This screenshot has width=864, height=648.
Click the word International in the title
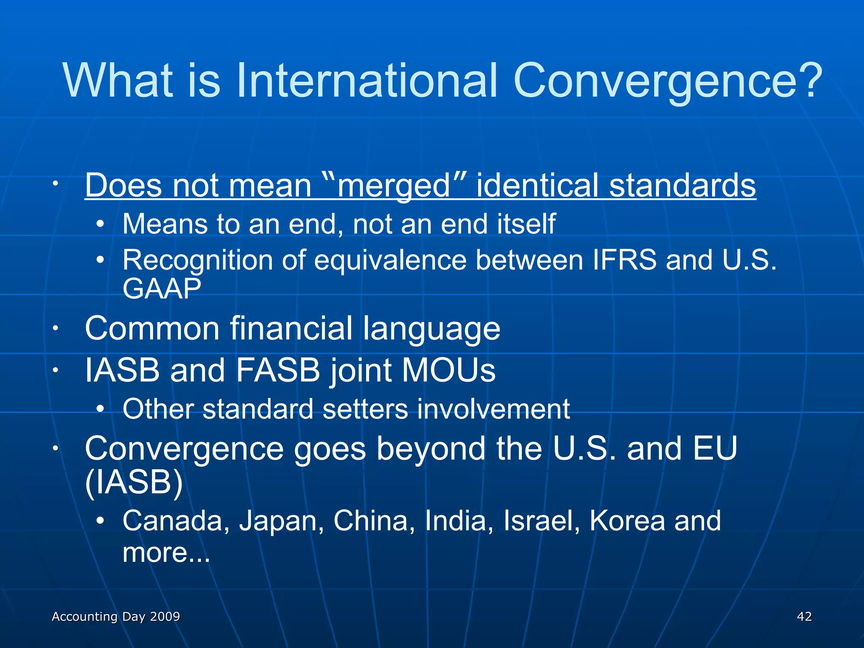367,80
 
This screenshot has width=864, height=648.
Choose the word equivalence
390,260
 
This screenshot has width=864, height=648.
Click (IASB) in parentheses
134,482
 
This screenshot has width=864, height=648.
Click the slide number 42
804,617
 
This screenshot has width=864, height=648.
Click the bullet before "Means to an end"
100,224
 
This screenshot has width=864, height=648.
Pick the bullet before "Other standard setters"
100,409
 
